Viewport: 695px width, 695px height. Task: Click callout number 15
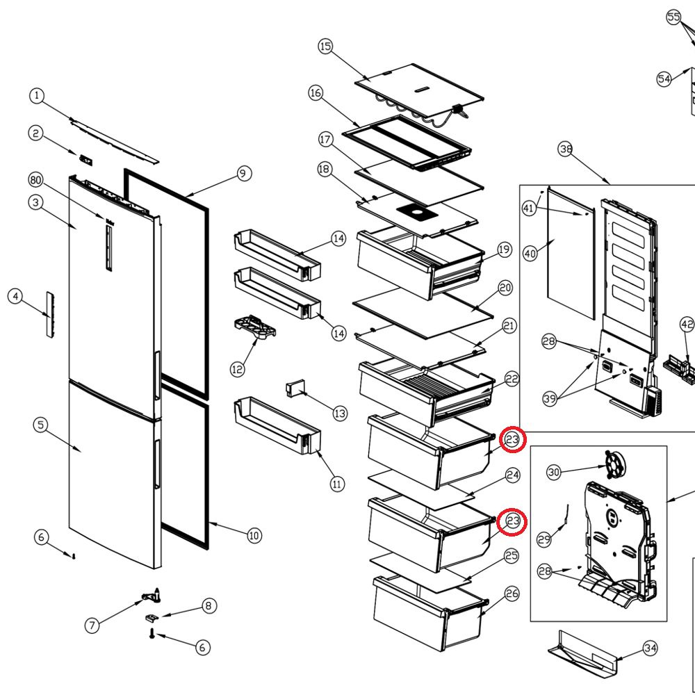point(325,46)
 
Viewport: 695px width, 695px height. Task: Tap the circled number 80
point(36,180)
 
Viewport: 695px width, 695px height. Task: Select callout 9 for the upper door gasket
point(243,173)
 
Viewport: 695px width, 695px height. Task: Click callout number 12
point(237,369)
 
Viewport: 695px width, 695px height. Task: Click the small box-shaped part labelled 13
point(295,389)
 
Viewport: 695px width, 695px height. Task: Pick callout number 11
point(337,484)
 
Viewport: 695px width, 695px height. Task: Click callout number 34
point(650,648)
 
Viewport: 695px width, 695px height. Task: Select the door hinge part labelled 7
point(151,596)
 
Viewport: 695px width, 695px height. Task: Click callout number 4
point(15,296)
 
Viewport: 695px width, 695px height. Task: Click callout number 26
point(512,594)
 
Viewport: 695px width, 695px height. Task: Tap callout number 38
point(565,149)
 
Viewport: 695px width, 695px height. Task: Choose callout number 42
point(687,325)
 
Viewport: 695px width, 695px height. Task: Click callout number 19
point(504,250)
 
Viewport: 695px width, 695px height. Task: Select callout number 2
point(36,133)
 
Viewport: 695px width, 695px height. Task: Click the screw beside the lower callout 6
point(152,634)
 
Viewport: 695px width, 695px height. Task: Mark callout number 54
point(664,79)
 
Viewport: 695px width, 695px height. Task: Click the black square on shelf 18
point(417,213)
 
